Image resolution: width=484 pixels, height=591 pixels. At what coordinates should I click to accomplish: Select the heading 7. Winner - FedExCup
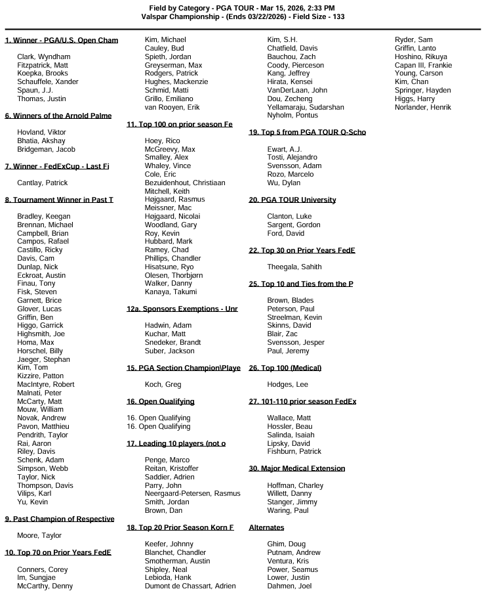coord(57,166)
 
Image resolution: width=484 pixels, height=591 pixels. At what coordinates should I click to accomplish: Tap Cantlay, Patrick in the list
coord(42,183)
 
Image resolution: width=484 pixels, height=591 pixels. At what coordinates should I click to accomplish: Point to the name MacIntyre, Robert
coord(45,384)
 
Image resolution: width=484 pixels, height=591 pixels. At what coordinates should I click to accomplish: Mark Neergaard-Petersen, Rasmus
coord(192,493)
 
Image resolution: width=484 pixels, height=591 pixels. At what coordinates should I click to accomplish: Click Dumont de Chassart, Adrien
coord(190,586)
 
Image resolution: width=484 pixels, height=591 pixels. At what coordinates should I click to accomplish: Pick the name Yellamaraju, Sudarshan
coord(306,107)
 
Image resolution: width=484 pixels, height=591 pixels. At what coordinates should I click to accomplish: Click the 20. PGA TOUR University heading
coord(292,200)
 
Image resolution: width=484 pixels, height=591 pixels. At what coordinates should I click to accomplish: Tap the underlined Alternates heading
coord(267,527)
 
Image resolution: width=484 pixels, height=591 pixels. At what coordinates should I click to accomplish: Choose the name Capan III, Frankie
coord(423,65)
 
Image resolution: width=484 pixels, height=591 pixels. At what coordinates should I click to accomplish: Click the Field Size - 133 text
coord(319,16)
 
